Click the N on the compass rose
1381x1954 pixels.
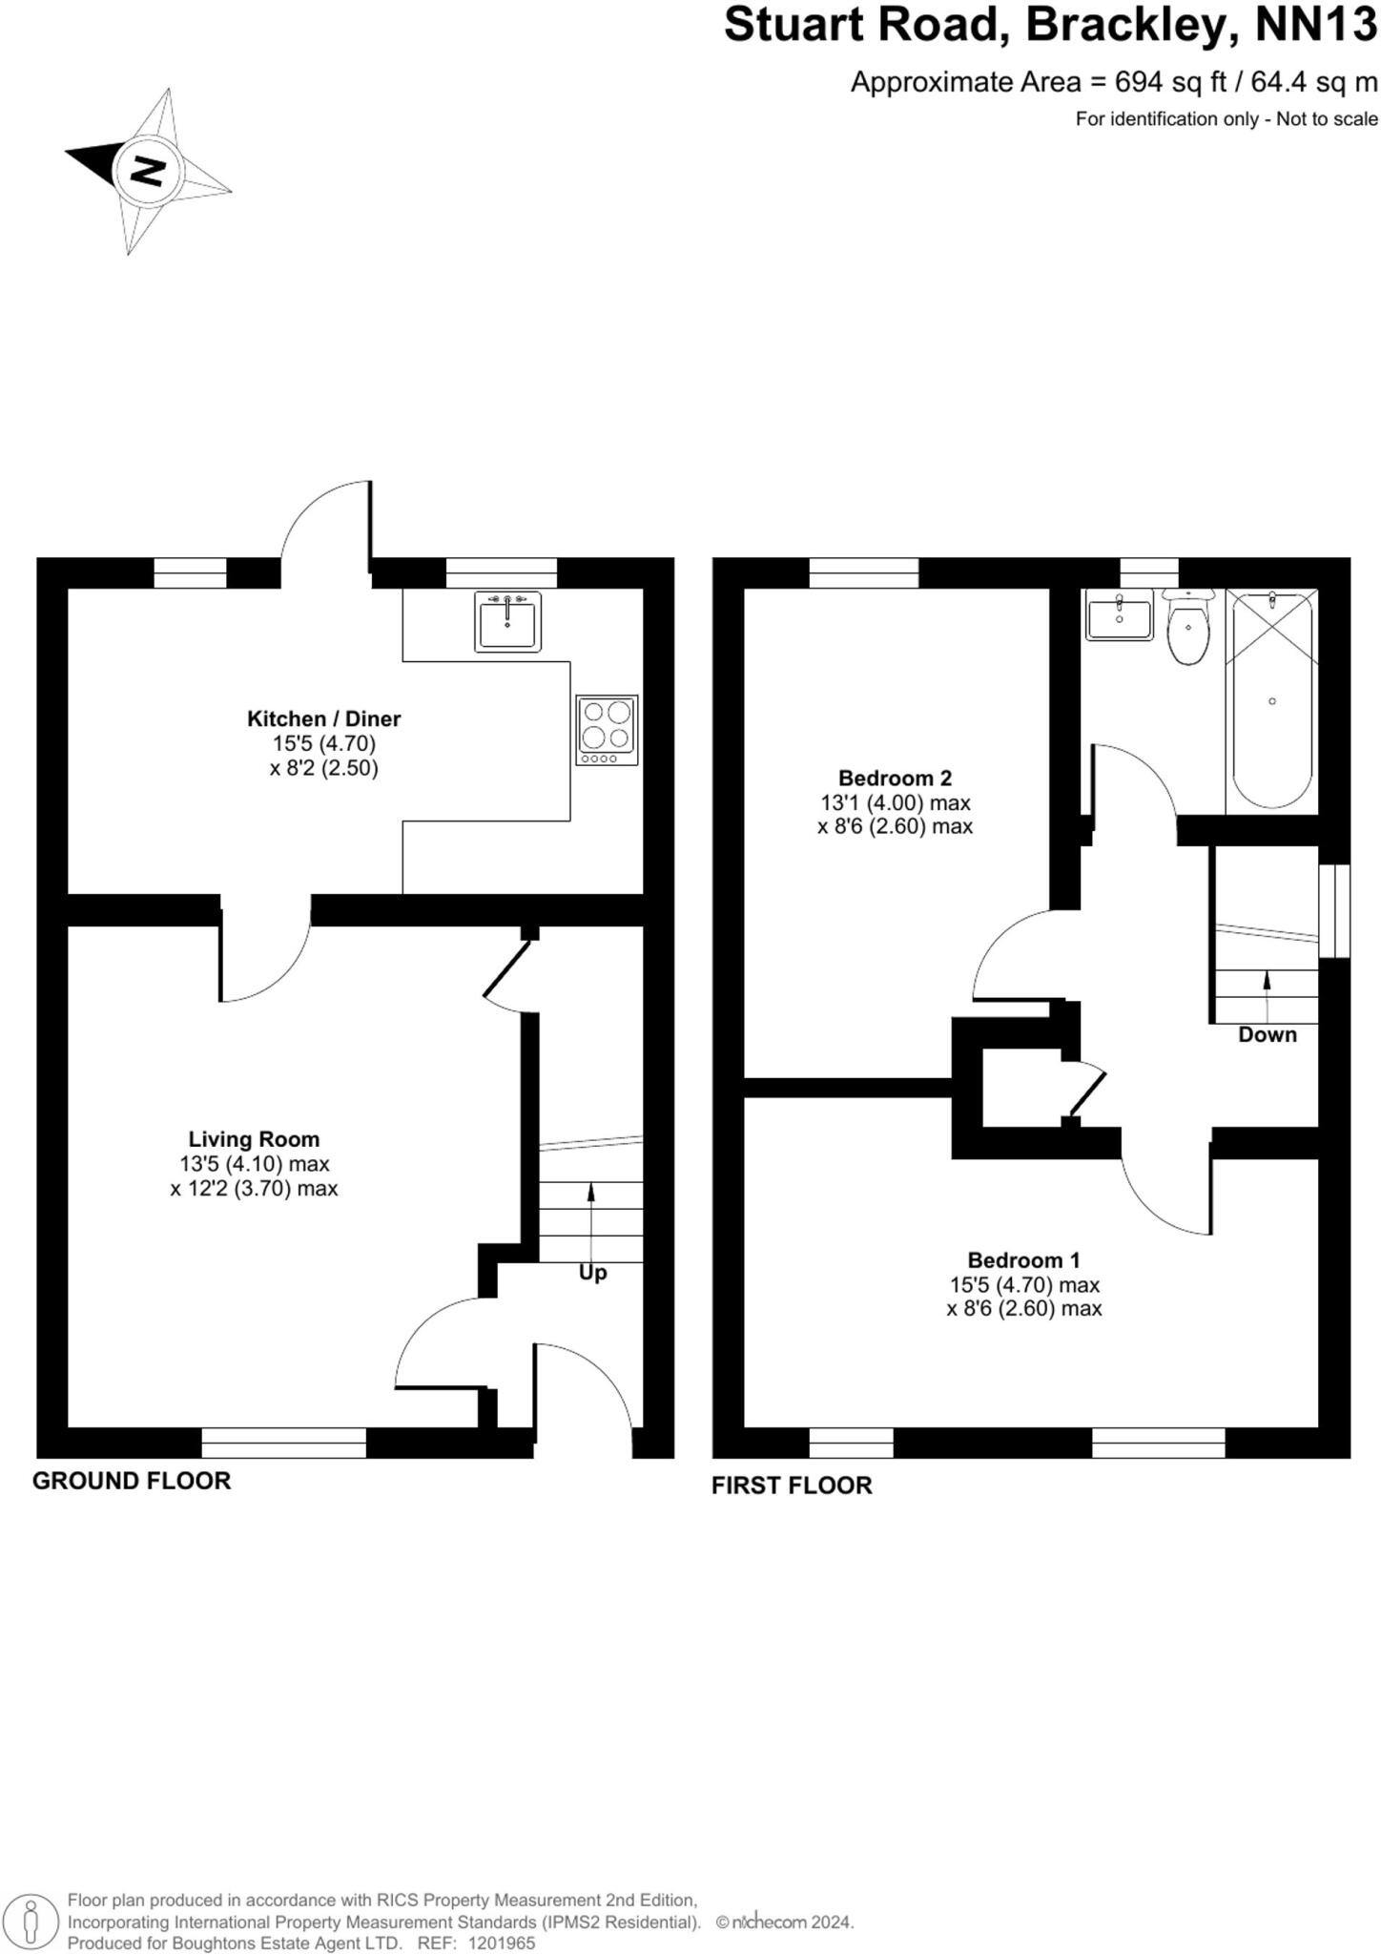click(148, 171)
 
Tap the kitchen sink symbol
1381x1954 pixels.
click(507, 621)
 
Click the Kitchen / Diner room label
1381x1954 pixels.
click(323, 718)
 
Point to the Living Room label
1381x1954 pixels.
click(254, 1138)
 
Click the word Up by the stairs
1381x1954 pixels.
click(592, 1273)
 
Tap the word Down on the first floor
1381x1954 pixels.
click(1267, 1034)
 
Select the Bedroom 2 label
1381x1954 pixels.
click(895, 778)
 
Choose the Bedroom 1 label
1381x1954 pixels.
click(1023, 1259)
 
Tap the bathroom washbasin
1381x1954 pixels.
click(1120, 616)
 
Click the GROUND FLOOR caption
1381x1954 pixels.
click(132, 1481)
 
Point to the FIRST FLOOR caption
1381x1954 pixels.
click(792, 1486)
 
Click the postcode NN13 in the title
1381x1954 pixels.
click(1315, 26)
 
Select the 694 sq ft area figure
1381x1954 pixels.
click(1171, 82)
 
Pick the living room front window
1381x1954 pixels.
click(284, 1443)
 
